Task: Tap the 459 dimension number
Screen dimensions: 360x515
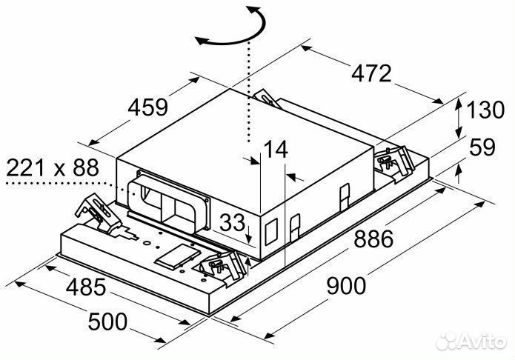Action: pos(149,107)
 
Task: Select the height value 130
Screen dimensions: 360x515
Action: pos(485,111)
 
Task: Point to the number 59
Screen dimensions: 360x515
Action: pos(482,147)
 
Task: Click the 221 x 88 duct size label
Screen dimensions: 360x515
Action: pos(53,168)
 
